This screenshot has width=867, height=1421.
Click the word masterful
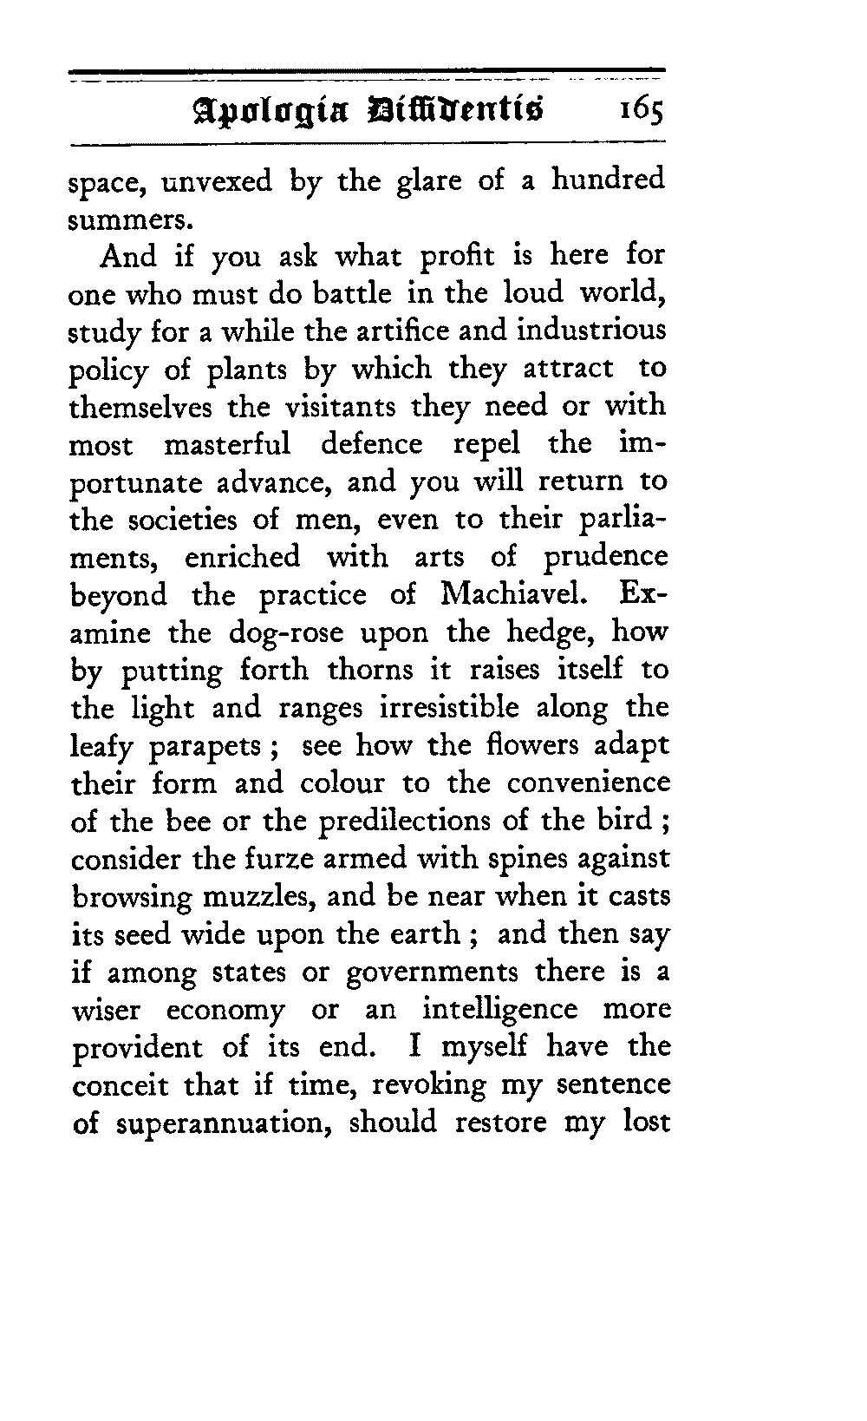(226, 444)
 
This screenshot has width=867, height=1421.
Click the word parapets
(218, 747)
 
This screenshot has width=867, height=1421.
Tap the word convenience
(588, 783)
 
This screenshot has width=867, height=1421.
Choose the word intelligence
(499, 1011)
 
